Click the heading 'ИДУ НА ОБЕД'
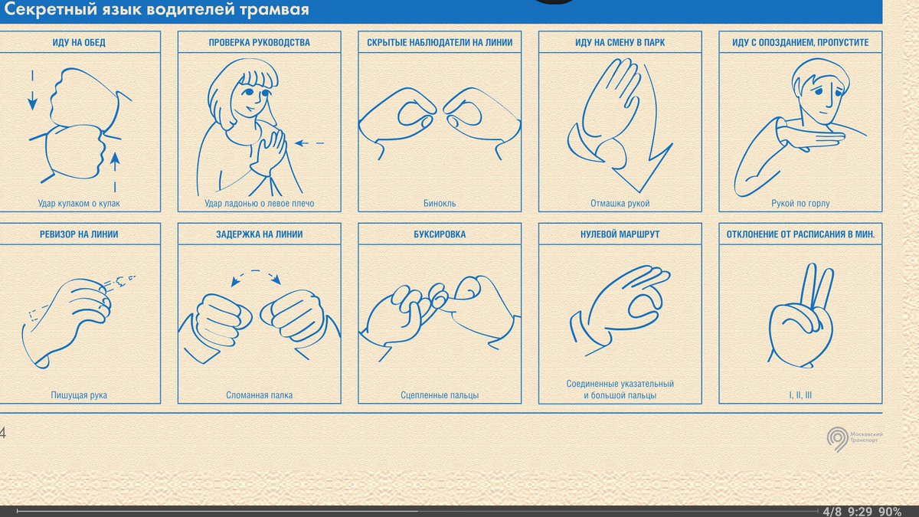[x=79, y=42]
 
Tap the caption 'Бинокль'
[x=440, y=203]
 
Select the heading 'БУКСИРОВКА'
[x=440, y=234]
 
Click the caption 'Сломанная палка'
[x=260, y=395]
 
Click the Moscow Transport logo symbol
[x=837, y=439]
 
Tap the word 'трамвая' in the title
[x=274, y=9]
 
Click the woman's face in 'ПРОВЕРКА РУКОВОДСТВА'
[x=250, y=99]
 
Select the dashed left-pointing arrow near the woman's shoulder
[x=309, y=143]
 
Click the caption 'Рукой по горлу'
[x=800, y=203]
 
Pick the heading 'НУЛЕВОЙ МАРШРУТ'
[x=620, y=234]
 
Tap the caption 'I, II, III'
[x=800, y=395]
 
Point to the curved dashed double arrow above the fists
[x=256, y=274]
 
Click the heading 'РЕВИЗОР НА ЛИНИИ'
[x=79, y=234]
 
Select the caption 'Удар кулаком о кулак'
[x=79, y=203]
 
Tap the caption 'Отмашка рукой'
[x=620, y=203]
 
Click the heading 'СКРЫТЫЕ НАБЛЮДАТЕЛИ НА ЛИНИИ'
[x=440, y=42]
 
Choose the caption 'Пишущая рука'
[x=79, y=395]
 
